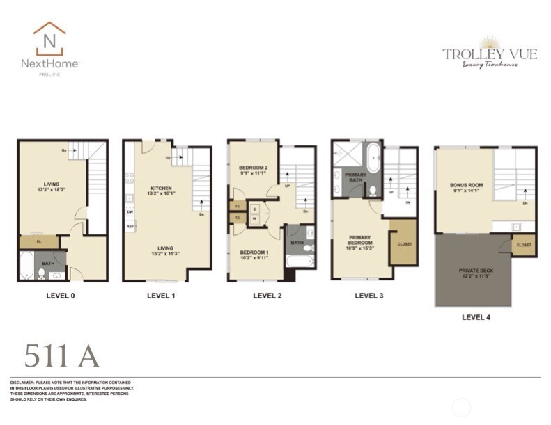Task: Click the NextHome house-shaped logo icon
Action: coord(49,39)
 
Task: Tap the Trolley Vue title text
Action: coord(490,54)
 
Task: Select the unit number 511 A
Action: coord(61,356)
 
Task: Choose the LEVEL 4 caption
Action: coord(476,317)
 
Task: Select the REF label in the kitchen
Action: coord(130,227)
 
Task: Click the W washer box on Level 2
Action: coord(255,218)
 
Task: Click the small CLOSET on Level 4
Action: coord(525,245)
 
